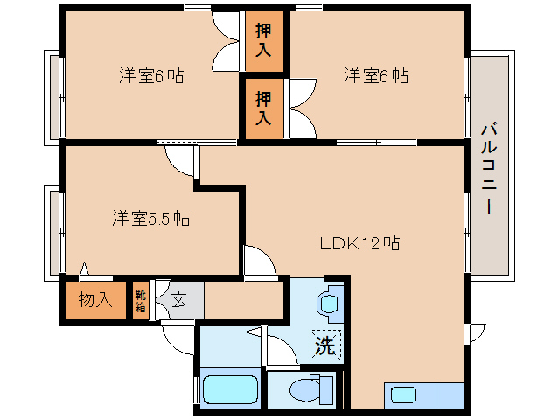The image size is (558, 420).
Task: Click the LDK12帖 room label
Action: (x=359, y=243)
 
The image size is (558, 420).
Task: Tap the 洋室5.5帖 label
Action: (x=151, y=218)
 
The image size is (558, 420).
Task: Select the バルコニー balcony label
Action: (x=489, y=168)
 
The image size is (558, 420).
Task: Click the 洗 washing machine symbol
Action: (x=325, y=345)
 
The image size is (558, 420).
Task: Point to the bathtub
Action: (x=230, y=390)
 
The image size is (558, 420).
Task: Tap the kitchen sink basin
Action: (x=403, y=395)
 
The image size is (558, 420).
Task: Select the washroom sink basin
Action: (x=329, y=304)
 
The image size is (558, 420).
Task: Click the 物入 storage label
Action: (x=95, y=299)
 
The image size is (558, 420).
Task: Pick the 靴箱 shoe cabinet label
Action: (x=140, y=301)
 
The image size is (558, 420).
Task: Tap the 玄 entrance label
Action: (x=178, y=301)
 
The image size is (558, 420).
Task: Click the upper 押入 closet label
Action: (x=263, y=40)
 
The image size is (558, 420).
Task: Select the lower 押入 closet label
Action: (x=263, y=108)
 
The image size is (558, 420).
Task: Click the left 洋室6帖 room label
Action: (x=151, y=76)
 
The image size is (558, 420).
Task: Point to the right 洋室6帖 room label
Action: (x=376, y=76)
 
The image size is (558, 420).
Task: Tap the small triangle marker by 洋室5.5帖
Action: (x=84, y=269)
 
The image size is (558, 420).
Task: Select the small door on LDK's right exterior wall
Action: (x=475, y=333)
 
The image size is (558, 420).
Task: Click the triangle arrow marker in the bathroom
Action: (x=253, y=332)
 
